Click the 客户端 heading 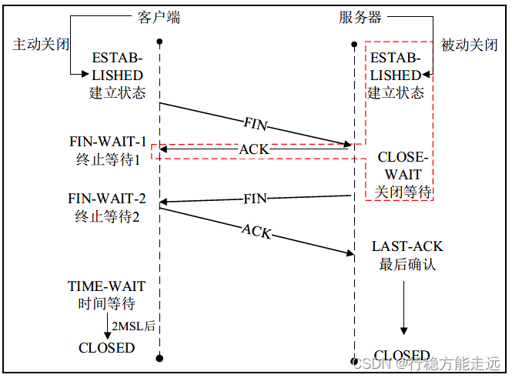point(159,16)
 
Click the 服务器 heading point(360,16)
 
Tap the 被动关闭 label point(469,45)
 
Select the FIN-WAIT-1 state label point(107,142)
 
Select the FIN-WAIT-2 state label point(107,199)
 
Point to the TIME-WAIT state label point(106,286)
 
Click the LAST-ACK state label point(407,246)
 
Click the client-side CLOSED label point(106,347)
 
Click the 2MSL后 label point(134,326)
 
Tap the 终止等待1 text point(107,160)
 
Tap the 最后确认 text point(407,264)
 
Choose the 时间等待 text point(106,303)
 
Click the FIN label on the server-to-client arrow point(255,199)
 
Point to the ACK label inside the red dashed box point(254,149)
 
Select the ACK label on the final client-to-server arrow point(256,230)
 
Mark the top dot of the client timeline point(159,41)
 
